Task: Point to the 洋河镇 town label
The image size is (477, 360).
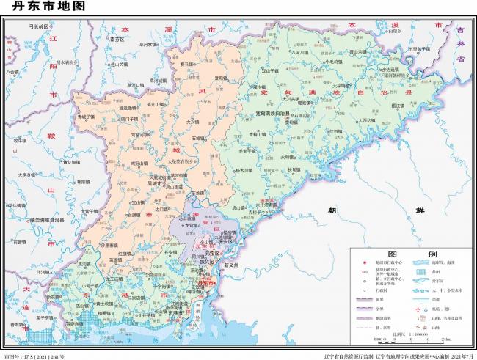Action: click(43, 271)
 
